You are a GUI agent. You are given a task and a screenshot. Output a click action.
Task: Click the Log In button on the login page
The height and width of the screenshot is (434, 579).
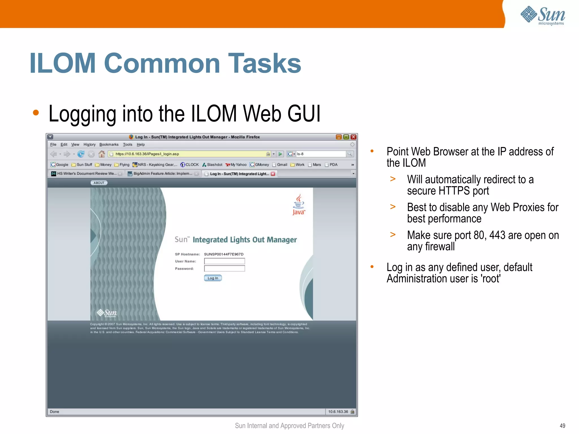[213, 278]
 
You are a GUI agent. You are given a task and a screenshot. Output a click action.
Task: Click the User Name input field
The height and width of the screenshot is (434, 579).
[224, 261]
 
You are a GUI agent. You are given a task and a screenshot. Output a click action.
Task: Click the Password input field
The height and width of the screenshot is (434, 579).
[224, 269]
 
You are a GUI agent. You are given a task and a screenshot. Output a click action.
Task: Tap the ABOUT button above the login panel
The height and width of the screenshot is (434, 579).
[99, 183]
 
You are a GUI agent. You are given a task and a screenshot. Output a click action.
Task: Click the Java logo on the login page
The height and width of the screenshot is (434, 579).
[299, 205]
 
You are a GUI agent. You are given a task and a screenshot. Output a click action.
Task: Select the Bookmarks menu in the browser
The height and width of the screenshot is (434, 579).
[109, 144]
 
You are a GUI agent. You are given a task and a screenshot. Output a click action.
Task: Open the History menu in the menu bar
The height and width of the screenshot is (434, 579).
[89, 144]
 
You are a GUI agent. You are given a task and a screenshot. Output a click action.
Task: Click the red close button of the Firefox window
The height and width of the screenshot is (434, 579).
[353, 137]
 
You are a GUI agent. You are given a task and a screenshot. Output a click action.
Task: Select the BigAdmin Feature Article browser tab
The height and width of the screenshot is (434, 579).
[163, 174]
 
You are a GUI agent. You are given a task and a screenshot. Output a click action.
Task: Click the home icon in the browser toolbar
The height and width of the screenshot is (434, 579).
[101, 154]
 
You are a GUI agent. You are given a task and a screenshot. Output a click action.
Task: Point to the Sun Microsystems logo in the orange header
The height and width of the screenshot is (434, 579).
[543, 16]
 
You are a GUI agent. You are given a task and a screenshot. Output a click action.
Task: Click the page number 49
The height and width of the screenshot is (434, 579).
[562, 426]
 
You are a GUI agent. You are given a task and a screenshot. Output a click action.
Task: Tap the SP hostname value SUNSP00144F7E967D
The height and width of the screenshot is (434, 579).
[224, 254]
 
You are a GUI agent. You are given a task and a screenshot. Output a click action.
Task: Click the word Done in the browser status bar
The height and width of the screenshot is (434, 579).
[55, 412]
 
